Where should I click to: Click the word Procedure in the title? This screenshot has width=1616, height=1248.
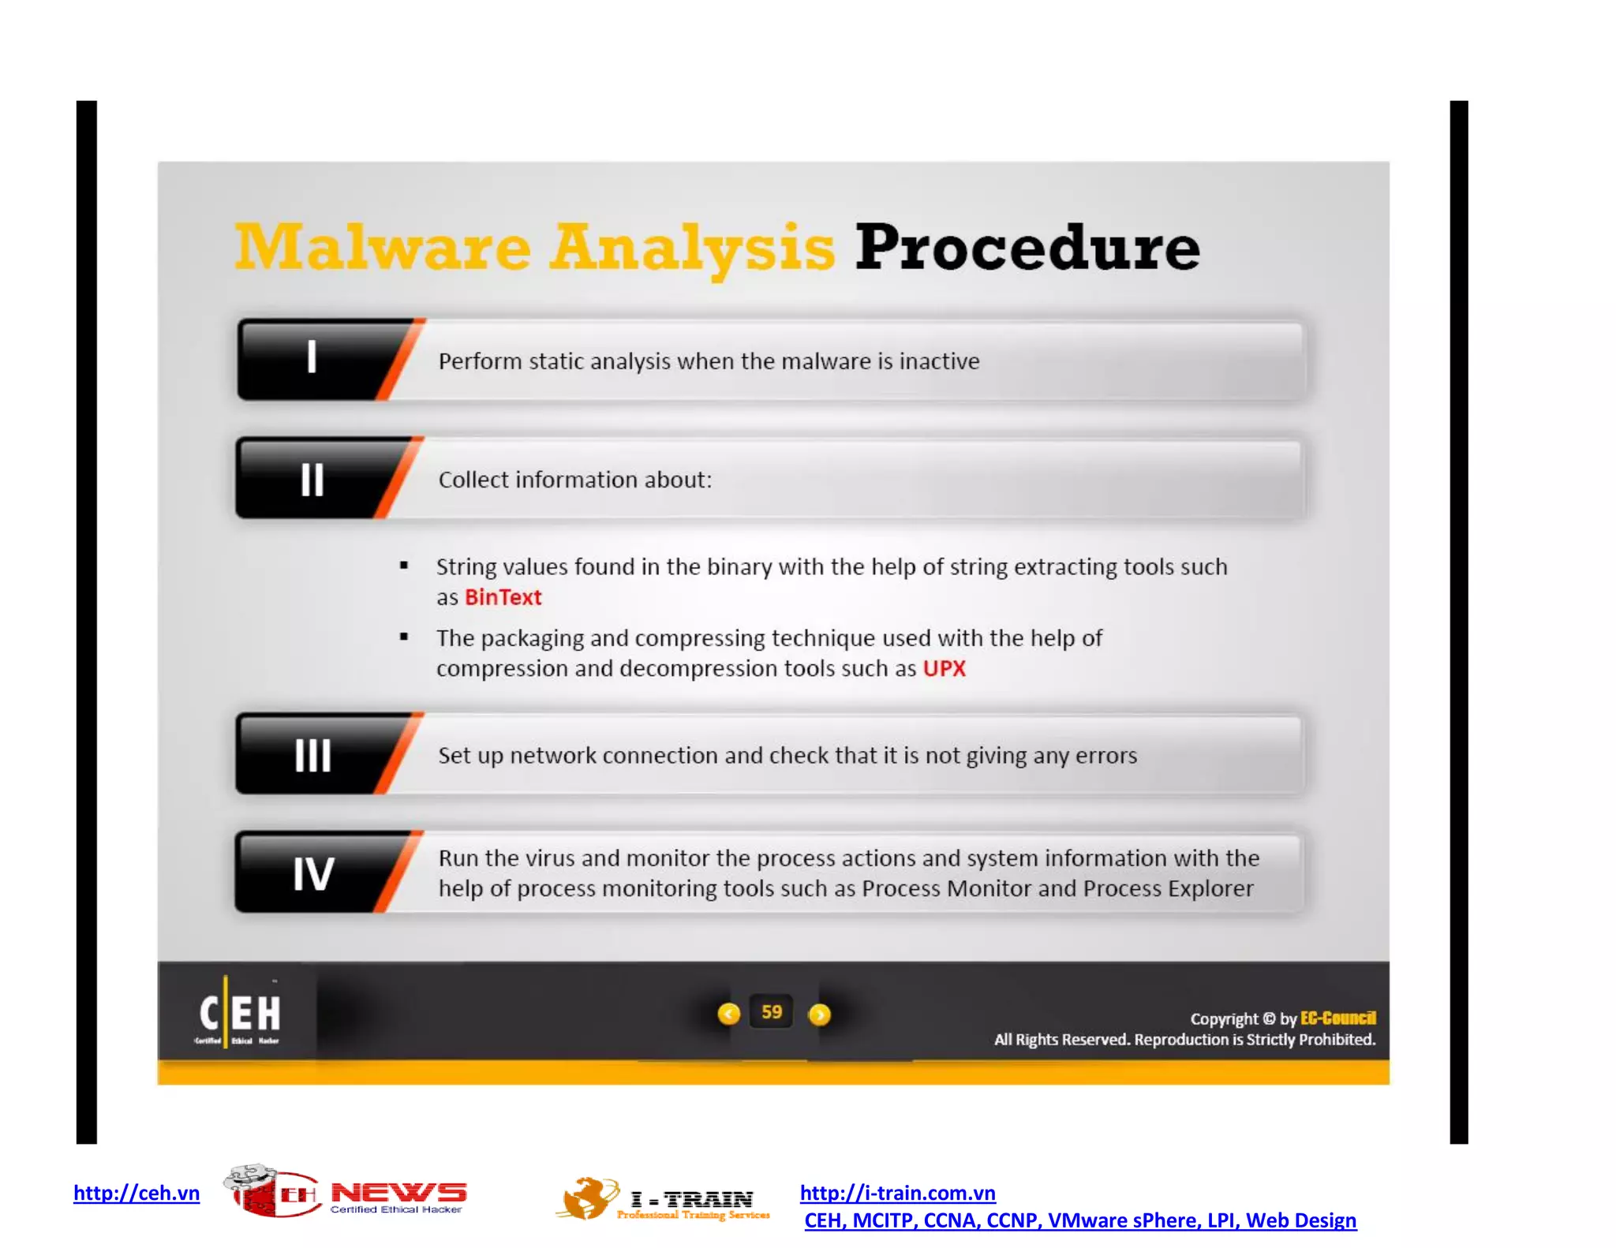point(1027,247)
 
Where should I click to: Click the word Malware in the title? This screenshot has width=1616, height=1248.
point(383,247)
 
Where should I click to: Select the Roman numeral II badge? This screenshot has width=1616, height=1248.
point(312,479)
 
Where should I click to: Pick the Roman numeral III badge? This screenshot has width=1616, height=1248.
point(312,755)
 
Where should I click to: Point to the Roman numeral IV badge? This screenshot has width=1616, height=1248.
point(312,873)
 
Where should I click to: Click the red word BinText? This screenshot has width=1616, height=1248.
point(503,597)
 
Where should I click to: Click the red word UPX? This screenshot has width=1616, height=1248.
point(944,668)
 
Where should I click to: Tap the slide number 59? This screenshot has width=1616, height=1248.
point(772,1012)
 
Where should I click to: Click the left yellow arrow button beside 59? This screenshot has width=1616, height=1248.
point(729,1014)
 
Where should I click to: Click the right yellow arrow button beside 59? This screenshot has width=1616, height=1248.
point(820,1014)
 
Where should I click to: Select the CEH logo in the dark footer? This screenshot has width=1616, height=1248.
point(239,1014)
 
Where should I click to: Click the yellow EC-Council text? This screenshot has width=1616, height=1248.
point(1337,1018)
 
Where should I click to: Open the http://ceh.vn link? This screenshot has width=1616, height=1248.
point(137,1193)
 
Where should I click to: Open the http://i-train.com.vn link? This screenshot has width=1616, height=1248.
point(897,1193)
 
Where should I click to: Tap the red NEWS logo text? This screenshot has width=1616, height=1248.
point(398,1192)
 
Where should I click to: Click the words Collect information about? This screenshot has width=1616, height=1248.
point(575,480)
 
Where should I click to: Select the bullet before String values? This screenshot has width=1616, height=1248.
point(404,565)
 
